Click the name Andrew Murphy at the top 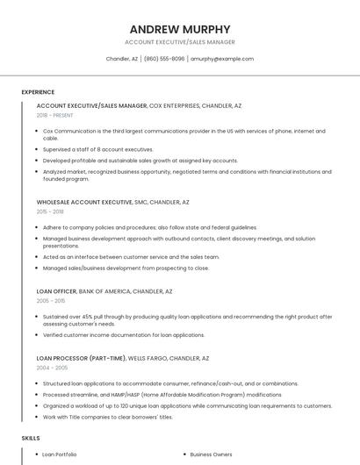coord(180,29)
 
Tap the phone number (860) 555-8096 coord(164,59)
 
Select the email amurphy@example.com coord(222,59)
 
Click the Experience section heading coord(38,92)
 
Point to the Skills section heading coord(31,437)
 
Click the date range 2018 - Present coord(54,115)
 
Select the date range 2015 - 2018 coord(50,211)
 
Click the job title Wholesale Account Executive coord(85,202)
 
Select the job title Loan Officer coord(56,291)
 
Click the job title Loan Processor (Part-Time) coord(80,358)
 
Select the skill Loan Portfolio coord(60,454)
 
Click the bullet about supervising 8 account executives coord(97,149)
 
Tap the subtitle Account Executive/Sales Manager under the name coord(180,42)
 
